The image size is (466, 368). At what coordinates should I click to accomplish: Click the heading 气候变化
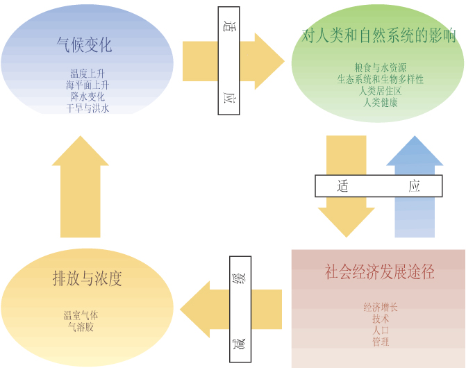84,45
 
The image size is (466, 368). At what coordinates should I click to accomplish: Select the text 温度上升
88,73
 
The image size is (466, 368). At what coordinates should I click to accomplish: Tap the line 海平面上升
88,85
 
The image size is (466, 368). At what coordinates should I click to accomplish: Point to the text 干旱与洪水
88,108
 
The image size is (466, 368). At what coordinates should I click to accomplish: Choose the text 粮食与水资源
380,67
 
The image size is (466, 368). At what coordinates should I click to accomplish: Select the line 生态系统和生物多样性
380,79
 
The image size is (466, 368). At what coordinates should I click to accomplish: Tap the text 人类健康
380,102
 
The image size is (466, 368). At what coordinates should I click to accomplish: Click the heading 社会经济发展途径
379,272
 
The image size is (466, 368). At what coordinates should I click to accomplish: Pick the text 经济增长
380,306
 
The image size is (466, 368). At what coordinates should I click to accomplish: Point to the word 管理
380,342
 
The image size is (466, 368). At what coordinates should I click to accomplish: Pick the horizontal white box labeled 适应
378,185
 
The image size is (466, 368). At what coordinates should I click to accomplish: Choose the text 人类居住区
380,91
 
